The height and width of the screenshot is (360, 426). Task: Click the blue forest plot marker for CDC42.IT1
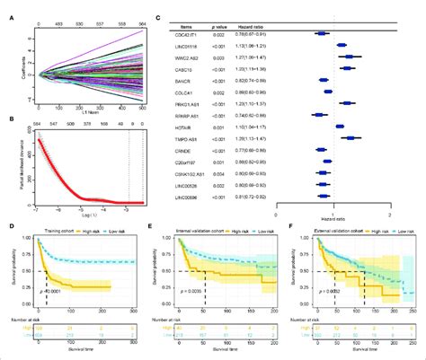[322, 35]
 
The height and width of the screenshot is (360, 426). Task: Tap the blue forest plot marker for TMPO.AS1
[351, 138]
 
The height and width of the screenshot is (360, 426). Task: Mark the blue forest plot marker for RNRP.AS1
[317, 115]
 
